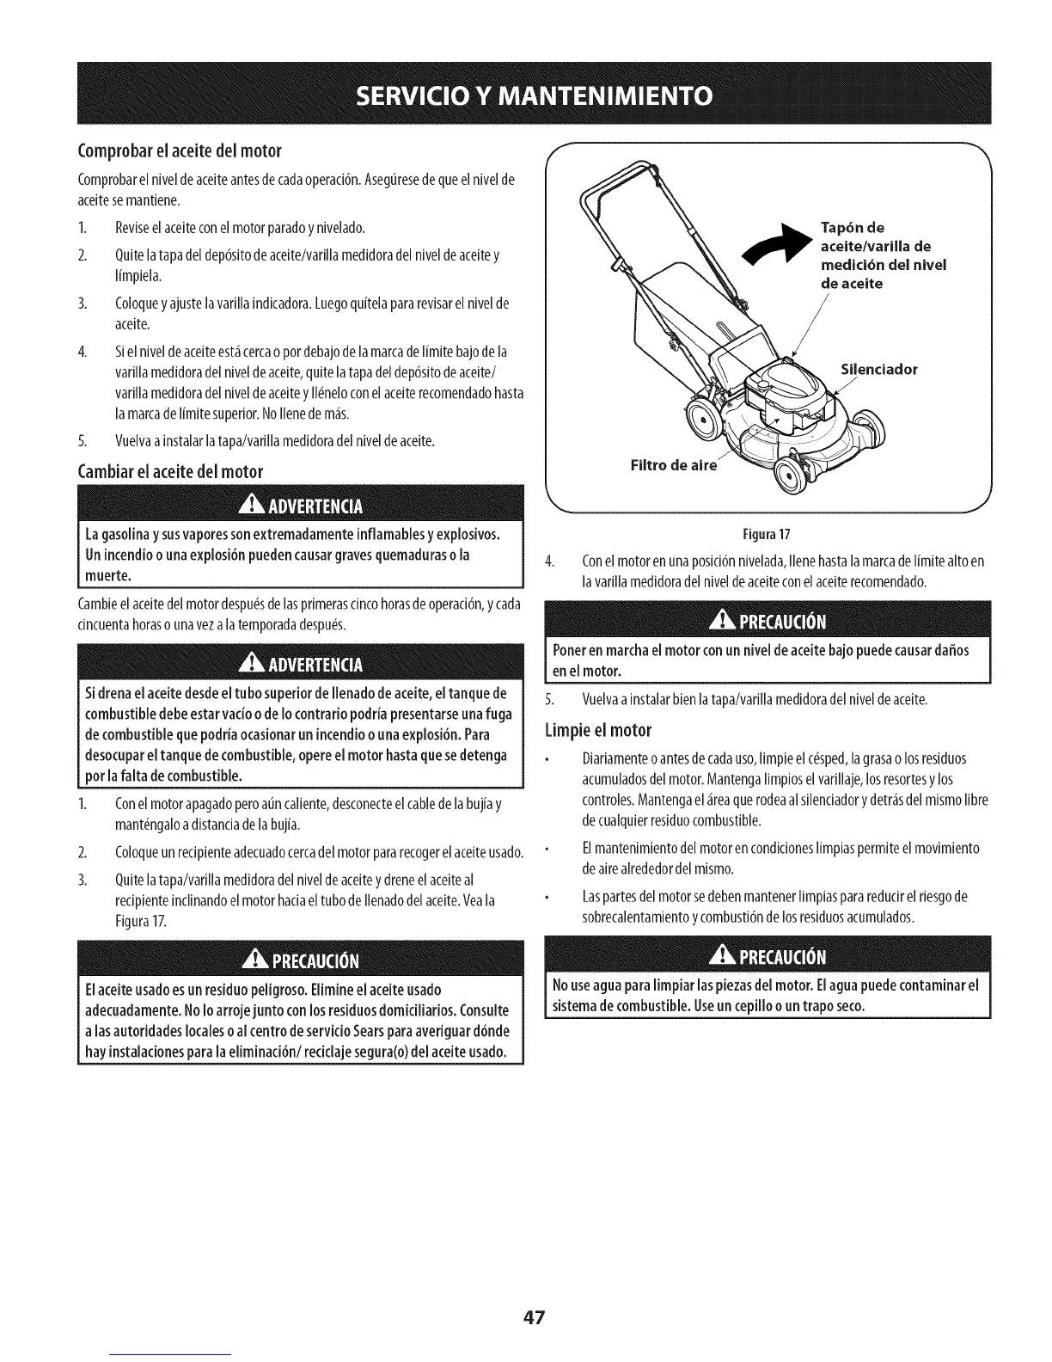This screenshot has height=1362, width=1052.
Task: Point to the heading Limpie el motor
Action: [598, 732]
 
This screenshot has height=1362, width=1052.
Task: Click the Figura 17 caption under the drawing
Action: [769, 532]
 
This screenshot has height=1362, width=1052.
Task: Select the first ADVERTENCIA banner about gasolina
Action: [301, 504]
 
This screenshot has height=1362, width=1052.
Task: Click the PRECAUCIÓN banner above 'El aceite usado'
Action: [301, 960]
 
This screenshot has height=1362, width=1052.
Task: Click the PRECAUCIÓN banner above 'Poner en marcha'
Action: [768, 623]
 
